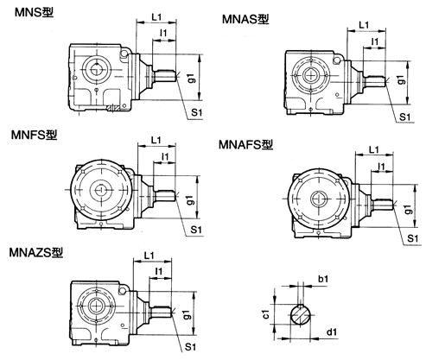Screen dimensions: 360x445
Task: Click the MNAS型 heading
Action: point(245,19)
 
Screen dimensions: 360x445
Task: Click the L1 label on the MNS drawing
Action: point(156,17)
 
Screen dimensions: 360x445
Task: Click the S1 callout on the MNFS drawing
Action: point(195,229)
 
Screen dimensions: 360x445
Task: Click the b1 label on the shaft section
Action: point(323,280)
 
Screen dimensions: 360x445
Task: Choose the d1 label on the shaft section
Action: point(332,329)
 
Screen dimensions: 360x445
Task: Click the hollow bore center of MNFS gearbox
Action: point(101,191)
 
